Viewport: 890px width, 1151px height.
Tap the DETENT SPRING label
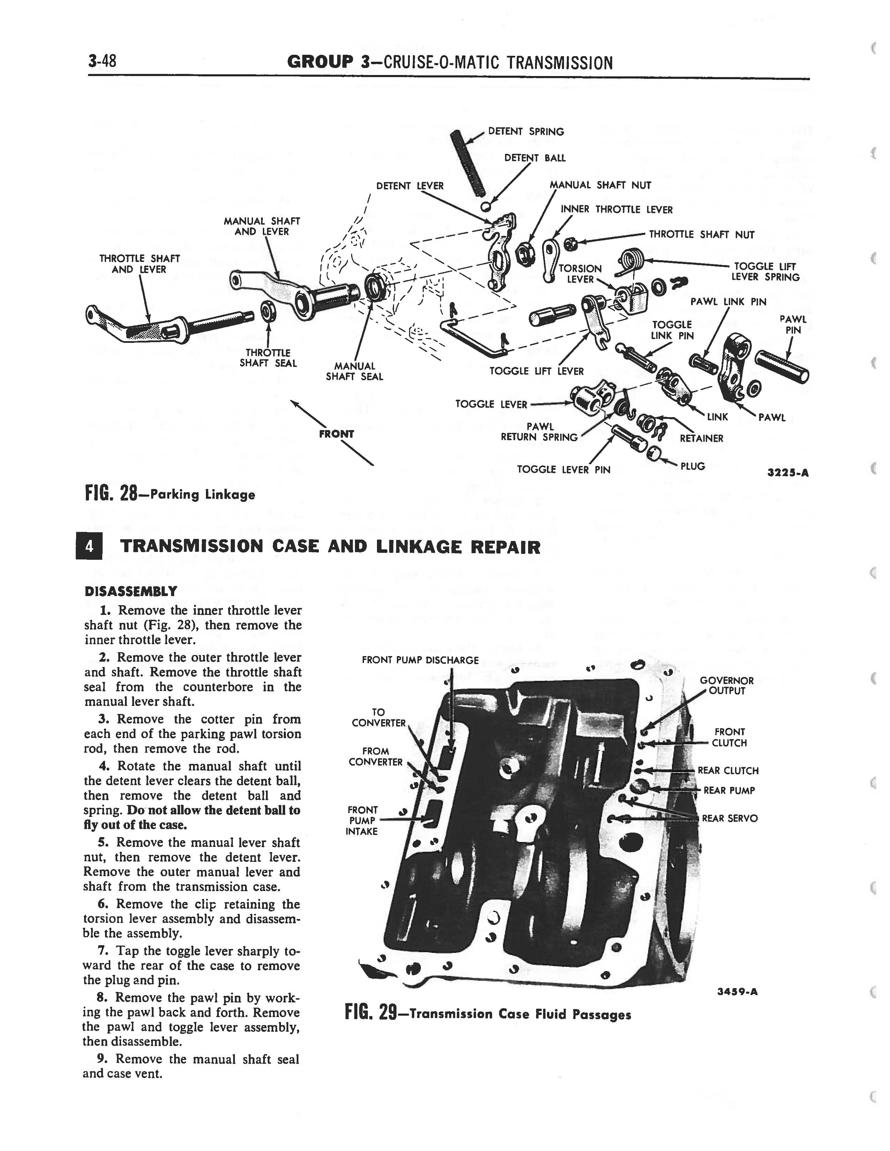click(526, 132)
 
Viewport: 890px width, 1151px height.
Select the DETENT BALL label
click(535, 158)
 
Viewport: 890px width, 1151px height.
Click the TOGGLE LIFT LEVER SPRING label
click(765, 272)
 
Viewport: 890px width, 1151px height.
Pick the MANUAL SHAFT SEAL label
click(354, 371)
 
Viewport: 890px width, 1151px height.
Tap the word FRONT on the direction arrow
click(336, 434)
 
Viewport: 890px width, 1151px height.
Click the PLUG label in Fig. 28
click(692, 466)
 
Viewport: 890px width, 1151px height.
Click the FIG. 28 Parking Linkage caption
click(170, 494)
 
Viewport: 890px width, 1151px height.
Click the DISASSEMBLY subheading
click(131, 591)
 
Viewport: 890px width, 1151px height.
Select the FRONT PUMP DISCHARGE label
click(420, 660)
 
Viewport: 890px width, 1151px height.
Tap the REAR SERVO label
click(730, 819)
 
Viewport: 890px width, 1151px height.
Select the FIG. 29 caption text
click(488, 1014)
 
